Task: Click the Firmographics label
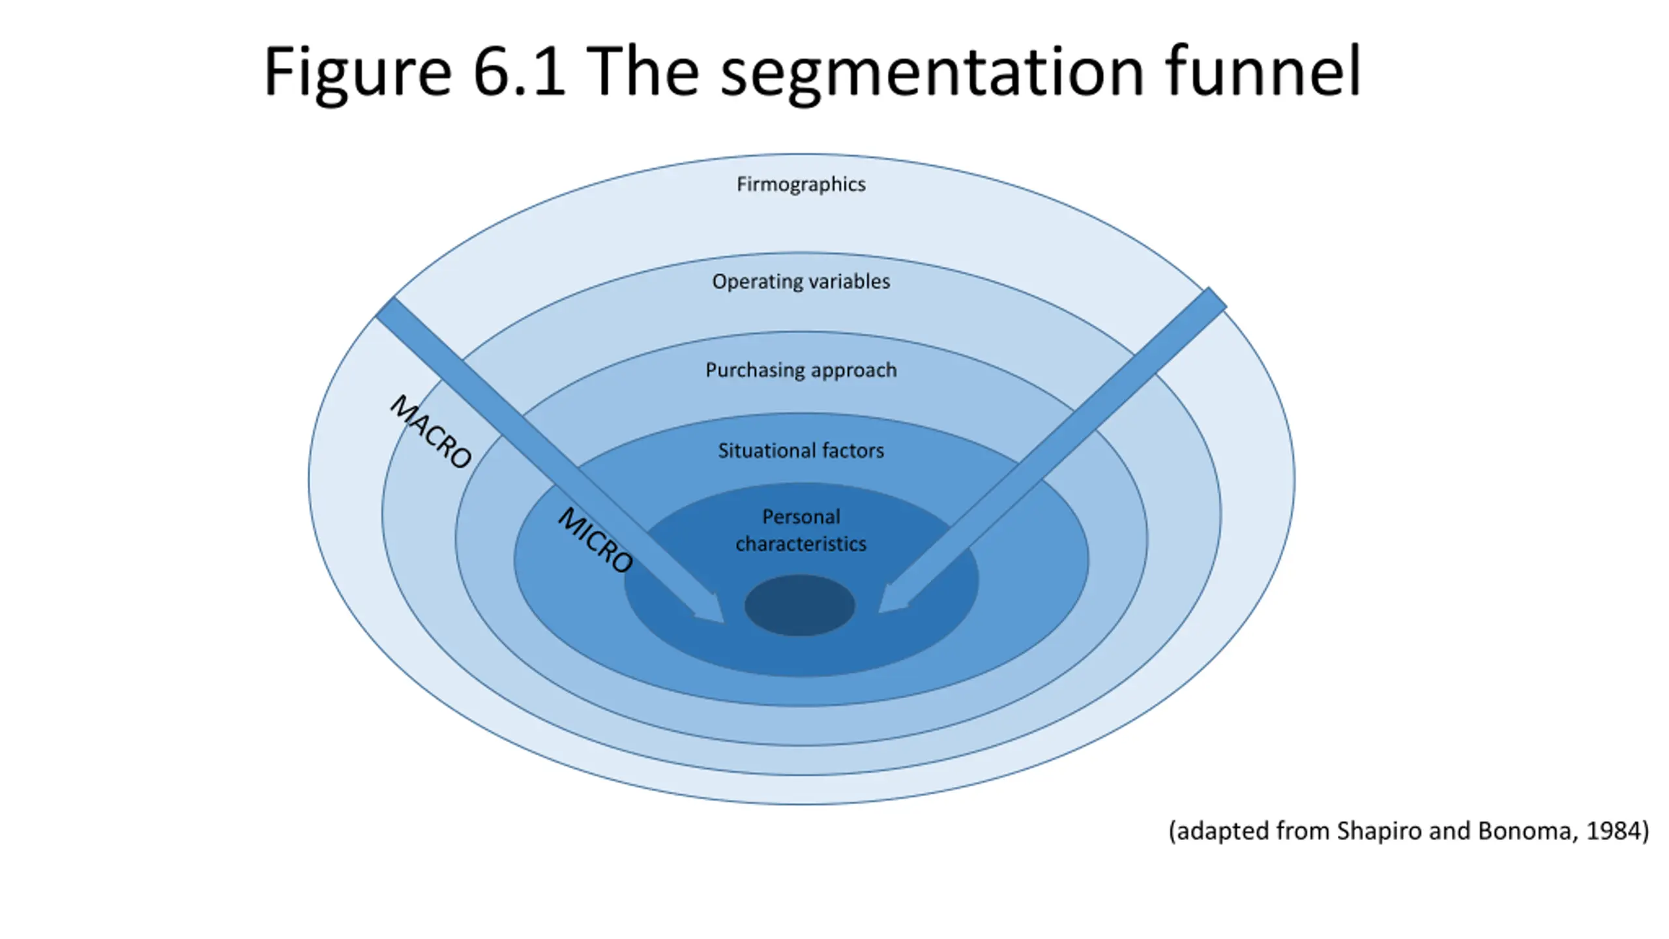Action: coord(801,185)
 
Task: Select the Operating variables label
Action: coord(801,282)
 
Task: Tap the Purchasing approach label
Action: coord(801,370)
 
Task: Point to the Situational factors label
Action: coord(801,451)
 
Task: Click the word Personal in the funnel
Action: coord(801,516)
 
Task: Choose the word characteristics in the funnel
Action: coord(801,544)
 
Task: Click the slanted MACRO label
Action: coord(430,432)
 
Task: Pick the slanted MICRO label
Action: coord(595,540)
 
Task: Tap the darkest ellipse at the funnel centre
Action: coord(799,605)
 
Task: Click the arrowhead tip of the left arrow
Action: coord(724,623)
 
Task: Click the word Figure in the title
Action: coord(358,73)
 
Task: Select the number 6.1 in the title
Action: coord(519,72)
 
